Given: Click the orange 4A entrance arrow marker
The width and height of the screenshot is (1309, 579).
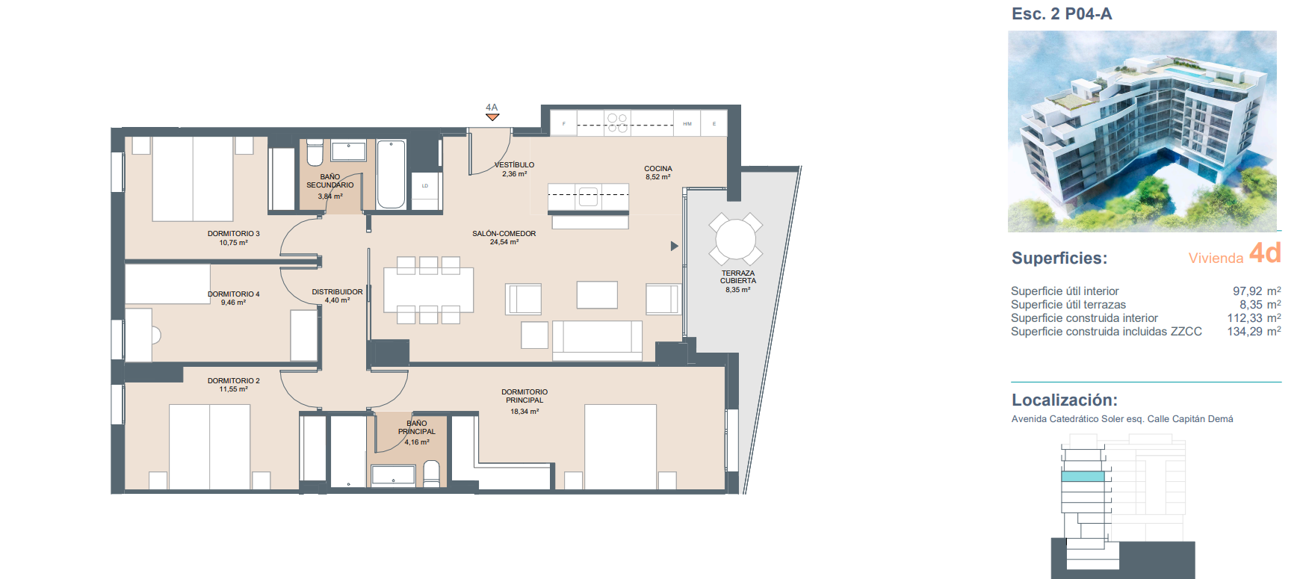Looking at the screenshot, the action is pos(492,117).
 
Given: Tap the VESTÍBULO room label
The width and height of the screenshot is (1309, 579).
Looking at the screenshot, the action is pos(515,165).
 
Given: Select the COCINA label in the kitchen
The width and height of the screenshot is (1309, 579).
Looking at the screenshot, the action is pos(658,169).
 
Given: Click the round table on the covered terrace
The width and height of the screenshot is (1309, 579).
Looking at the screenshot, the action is pos(736,239).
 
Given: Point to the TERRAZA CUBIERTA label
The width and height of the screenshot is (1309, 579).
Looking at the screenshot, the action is pos(738,277).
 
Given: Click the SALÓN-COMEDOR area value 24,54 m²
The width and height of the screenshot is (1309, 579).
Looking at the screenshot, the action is pos(504,242).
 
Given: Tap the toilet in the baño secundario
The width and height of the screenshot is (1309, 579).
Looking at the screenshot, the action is pos(315,152).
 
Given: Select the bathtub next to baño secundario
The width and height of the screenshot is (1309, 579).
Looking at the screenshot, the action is pos(392,174).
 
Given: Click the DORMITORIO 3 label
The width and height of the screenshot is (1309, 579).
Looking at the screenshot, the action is pos(234,234).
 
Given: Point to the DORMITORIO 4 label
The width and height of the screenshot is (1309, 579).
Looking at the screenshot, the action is pos(234,294).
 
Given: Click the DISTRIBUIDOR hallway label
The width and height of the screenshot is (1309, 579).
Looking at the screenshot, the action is pos(337,292).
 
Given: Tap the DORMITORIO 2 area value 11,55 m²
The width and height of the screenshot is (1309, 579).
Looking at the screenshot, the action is pos(234,389).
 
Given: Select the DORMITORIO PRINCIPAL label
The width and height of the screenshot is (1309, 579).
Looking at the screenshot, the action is pos(524,396).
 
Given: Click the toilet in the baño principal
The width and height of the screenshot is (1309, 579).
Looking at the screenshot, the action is pos(432,474).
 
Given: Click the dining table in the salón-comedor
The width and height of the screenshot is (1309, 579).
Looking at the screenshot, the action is pos(429,290).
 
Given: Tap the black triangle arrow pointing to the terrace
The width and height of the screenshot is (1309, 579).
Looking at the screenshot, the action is pos(674,246).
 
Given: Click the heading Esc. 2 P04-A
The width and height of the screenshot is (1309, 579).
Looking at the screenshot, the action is pos(1062,13).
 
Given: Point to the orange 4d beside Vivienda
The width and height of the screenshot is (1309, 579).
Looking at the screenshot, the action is pos(1265,253).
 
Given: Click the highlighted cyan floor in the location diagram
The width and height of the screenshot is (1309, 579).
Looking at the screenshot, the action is pos(1083,476).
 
